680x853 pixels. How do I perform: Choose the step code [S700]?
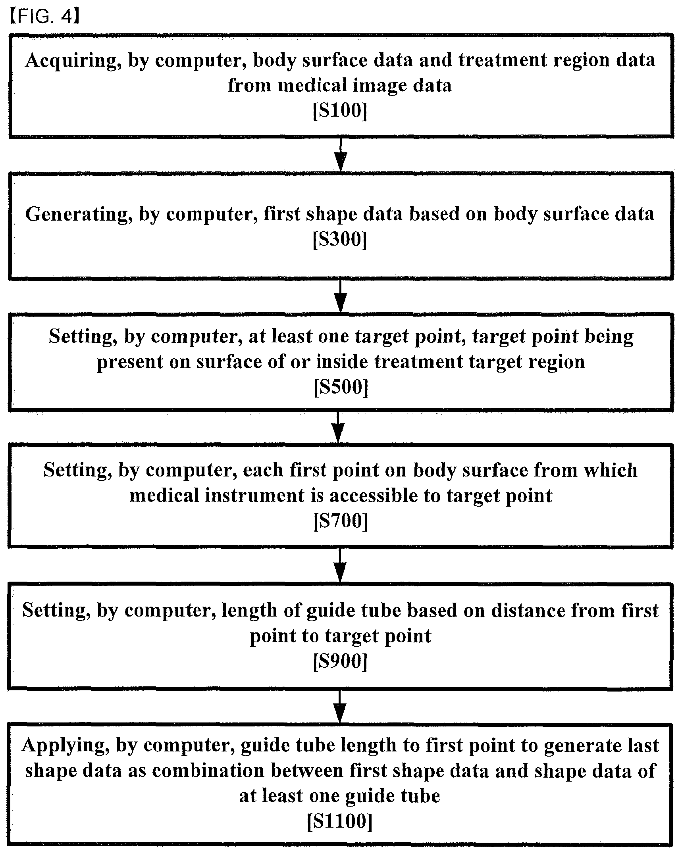341,521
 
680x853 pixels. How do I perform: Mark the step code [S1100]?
340,821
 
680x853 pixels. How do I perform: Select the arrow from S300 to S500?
341,296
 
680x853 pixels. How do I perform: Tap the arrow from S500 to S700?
338,427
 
